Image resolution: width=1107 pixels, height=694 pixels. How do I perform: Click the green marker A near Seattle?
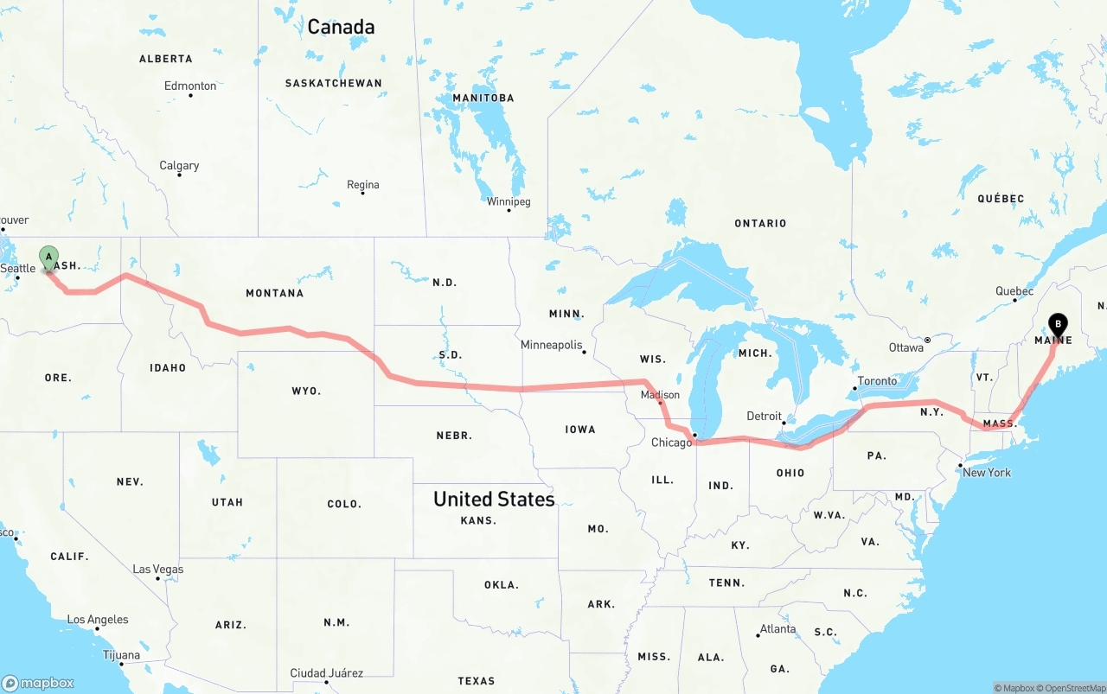point(49,257)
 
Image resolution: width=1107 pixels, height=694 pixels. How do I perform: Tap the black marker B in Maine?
point(1057,325)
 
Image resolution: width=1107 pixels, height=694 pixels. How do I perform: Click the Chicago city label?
point(671,443)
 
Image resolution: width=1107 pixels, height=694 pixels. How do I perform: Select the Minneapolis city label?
point(551,345)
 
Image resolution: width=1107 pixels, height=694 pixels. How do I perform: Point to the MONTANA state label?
point(274,293)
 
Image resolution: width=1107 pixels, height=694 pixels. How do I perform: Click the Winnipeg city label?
point(509,201)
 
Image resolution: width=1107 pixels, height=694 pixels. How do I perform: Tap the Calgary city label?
point(179,165)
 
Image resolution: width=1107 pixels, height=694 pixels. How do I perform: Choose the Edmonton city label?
point(190,86)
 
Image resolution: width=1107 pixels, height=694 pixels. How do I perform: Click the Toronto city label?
point(877,381)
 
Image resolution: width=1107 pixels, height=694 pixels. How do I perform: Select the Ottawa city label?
point(905,347)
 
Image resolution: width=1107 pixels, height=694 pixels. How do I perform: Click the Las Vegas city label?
point(157,569)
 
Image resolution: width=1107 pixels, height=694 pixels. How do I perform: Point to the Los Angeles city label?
point(98,620)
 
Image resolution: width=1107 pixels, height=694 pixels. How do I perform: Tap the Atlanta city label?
point(777,628)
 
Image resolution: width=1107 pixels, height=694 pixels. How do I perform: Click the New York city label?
point(986,473)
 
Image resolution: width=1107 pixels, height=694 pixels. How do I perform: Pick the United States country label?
point(494,499)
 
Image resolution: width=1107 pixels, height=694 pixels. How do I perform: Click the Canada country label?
point(341,27)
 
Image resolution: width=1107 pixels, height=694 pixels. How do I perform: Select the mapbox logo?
point(38,683)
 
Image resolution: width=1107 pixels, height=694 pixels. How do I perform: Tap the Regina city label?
point(362,184)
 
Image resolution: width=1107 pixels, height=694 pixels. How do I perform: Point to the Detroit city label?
point(764,416)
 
